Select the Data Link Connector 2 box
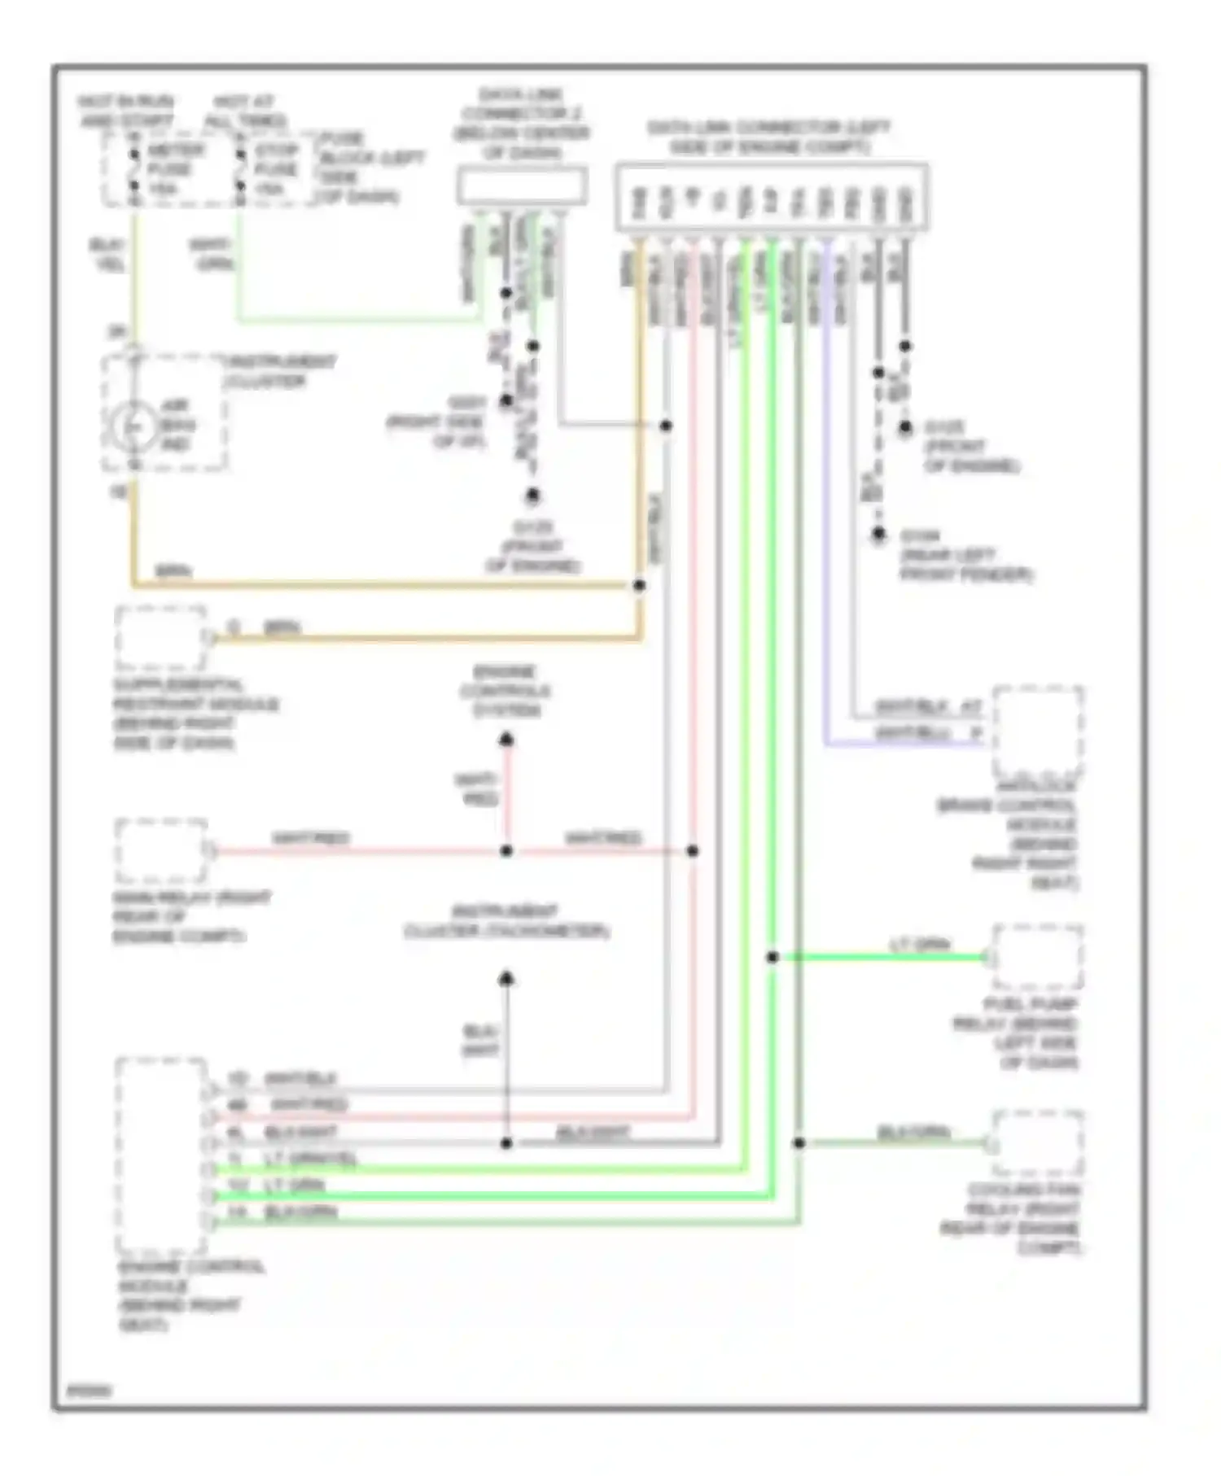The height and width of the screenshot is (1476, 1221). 522,185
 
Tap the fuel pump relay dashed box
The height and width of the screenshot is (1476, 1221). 1037,957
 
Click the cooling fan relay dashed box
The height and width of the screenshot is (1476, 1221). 1037,1143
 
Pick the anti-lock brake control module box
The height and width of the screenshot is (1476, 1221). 1037,731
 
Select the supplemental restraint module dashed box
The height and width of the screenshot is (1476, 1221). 160,637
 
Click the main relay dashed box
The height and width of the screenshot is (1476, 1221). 160,851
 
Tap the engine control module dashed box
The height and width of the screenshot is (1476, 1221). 160,1155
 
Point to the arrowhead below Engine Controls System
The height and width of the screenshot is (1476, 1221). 506,740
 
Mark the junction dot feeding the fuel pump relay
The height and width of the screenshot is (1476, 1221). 772,957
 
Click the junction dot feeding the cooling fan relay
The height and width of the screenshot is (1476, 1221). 799,1143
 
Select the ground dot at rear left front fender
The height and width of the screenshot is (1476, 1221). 878,535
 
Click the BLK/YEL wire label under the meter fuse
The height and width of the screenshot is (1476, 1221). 105,254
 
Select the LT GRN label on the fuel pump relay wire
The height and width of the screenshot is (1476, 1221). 920,945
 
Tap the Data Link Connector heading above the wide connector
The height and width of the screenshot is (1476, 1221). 768,138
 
